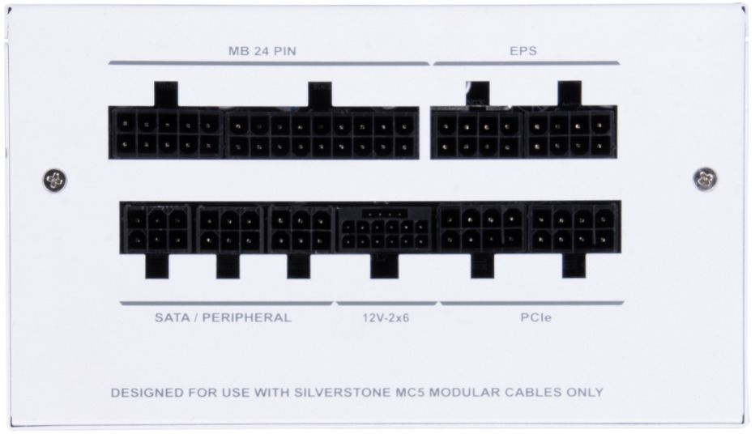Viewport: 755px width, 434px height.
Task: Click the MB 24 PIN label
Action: coord(267,51)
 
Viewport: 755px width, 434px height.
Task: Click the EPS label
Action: coord(525,51)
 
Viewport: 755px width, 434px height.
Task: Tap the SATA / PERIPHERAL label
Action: coord(222,317)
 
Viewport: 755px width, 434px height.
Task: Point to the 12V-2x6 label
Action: coord(386,318)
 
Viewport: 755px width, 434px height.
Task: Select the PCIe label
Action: coord(531,318)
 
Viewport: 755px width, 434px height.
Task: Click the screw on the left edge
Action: coord(54,180)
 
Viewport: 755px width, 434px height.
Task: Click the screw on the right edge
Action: coord(705,179)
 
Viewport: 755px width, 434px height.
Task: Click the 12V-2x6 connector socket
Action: coord(386,229)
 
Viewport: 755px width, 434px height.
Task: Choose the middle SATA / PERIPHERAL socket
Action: coord(229,229)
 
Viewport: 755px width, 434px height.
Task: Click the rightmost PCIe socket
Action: coord(573,228)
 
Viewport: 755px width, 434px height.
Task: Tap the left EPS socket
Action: coord(477,134)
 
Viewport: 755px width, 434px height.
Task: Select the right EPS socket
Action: coord(571,134)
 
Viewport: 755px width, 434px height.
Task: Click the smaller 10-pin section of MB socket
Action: coord(166,134)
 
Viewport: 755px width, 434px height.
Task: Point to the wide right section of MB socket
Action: coord(322,134)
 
